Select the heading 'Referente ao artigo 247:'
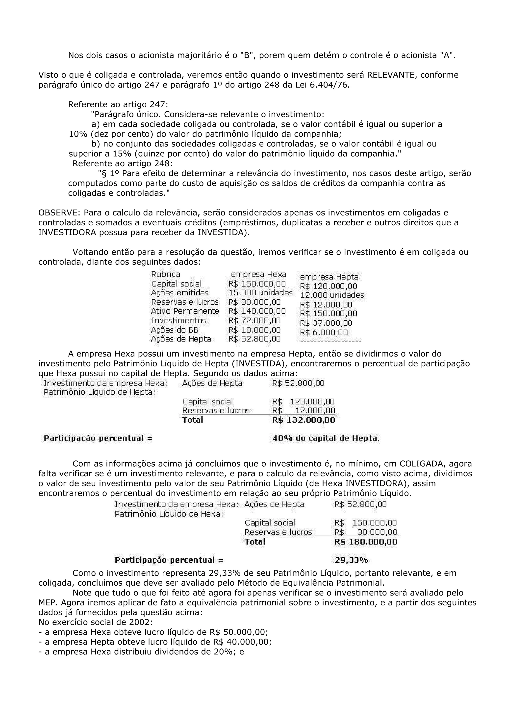[x=118, y=105]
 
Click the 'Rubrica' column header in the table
[x=165, y=274]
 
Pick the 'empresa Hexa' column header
[x=258, y=274]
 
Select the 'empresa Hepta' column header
[x=329, y=277]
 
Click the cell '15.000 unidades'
[x=260, y=293]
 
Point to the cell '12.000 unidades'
[x=332, y=295]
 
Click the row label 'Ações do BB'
[x=174, y=330]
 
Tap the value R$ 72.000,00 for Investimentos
[x=254, y=321]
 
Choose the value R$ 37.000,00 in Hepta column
[x=326, y=323]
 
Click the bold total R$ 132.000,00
[x=303, y=420]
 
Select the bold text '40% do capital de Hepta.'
[x=326, y=438]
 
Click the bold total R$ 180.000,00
[x=365, y=542]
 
